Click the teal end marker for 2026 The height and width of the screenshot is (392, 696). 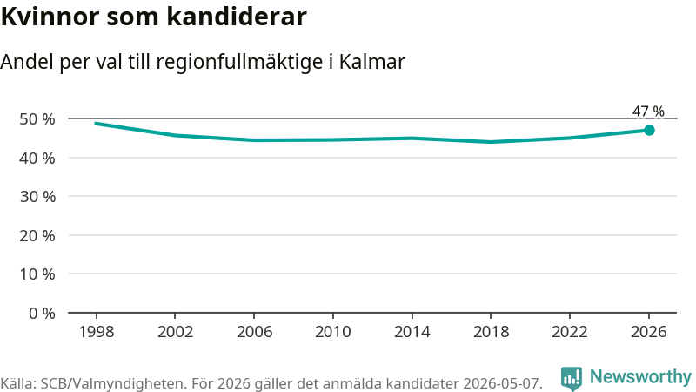649,130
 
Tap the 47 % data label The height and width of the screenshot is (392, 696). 648,111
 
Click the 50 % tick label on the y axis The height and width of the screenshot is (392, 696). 37,119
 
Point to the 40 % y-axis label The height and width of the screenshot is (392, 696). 37,158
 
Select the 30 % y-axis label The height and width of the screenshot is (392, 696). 37,197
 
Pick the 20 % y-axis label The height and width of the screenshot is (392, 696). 37,235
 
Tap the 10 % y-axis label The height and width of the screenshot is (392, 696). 37,274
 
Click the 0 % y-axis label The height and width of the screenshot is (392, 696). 42,314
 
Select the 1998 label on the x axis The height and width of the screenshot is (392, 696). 97,332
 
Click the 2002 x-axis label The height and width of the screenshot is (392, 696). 176,332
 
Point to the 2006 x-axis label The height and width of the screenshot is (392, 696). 254,332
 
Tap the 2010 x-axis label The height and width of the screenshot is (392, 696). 333,332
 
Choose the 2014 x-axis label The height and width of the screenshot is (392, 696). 412,332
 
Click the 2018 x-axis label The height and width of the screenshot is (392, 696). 491,332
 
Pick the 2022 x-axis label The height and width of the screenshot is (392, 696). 570,332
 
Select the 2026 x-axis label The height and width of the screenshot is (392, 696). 648,332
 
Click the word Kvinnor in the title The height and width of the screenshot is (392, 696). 50,17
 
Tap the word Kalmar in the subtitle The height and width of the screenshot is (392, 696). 372,62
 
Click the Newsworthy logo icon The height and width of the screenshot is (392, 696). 572,379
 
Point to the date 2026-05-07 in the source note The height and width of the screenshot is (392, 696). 503,383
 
